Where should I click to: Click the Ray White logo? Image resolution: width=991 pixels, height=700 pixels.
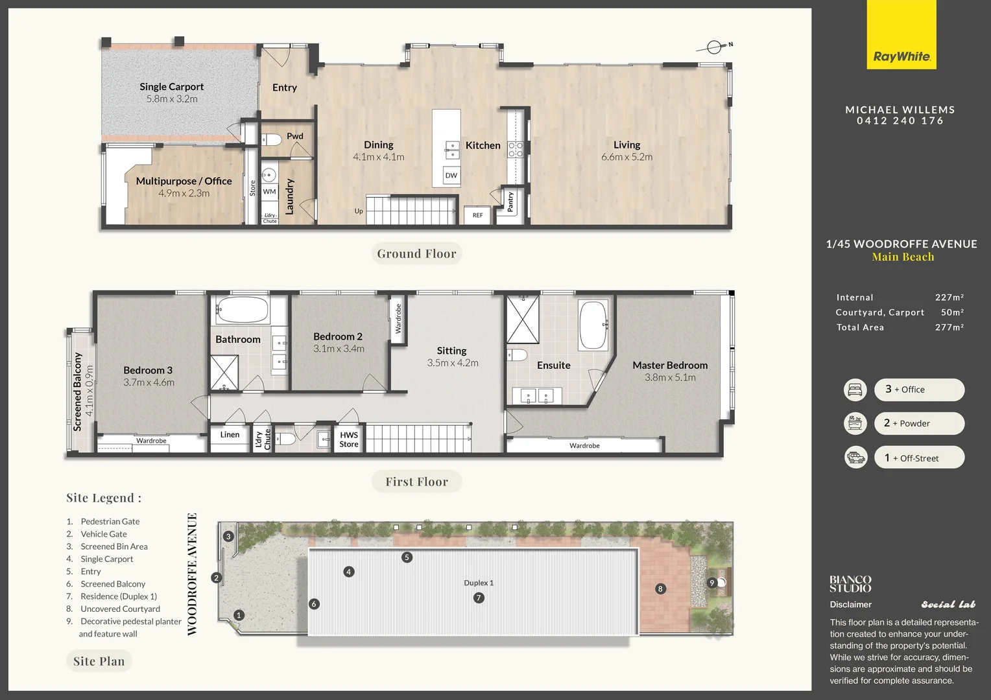(901, 36)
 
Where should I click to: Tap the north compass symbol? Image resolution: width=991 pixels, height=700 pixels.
(714, 47)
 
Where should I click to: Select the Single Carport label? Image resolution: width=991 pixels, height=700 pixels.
(171, 87)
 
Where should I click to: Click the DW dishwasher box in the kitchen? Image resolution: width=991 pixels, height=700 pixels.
(451, 176)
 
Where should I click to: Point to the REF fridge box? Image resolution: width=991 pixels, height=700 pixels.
(477, 215)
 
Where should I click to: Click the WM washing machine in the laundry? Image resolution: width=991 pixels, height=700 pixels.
(269, 192)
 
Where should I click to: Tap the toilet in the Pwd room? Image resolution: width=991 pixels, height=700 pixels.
(271, 139)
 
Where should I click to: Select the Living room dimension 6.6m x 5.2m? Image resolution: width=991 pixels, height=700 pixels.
(627, 157)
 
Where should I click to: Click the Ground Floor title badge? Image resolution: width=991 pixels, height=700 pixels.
(416, 253)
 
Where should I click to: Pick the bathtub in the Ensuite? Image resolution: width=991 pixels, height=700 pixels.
(593, 325)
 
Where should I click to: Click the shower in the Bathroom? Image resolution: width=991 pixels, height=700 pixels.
(224, 373)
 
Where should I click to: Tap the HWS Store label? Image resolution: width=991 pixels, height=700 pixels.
(349, 439)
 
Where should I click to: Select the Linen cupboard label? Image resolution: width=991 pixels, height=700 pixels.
(230, 435)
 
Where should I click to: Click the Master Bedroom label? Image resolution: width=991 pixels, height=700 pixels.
(670, 366)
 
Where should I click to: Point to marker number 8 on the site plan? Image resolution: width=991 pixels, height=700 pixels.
(660, 589)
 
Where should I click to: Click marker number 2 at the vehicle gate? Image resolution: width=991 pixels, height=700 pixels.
(217, 578)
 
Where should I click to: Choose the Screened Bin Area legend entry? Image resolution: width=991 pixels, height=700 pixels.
(113, 546)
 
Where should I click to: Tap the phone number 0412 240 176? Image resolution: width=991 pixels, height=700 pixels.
(900, 121)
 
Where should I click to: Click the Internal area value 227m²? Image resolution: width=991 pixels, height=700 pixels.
(949, 297)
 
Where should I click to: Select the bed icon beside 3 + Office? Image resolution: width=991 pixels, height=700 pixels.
(855, 390)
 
